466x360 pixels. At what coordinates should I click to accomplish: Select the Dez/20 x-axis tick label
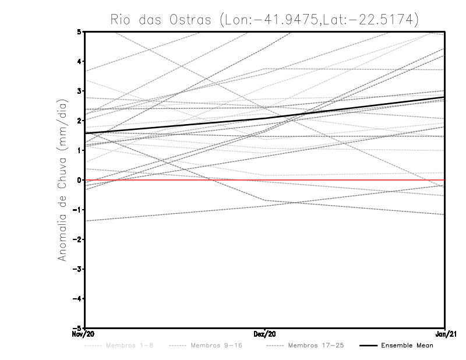pyautogui.click(x=265, y=334)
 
